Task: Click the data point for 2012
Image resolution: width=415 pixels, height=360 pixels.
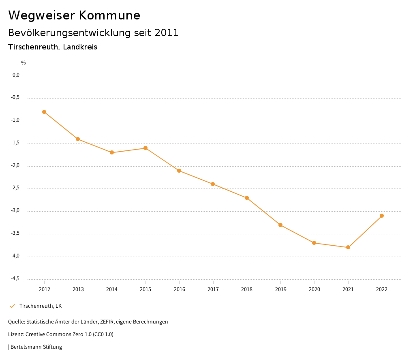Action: pos(44,112)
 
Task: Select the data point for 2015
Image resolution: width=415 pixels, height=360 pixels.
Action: pos(145,148)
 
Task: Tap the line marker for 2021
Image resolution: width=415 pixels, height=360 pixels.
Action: pos(348,247)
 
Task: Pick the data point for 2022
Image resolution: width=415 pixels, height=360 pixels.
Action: pos(382,216)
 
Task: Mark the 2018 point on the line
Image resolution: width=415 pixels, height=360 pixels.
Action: pos(247,198)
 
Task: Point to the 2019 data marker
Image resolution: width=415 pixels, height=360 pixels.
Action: pos(280,225)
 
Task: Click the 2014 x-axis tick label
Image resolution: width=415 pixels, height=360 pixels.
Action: pos(112,289)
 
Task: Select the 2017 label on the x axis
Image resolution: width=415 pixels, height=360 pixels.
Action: pos(213,289)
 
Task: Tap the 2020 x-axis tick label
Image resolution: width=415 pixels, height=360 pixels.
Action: pos(314,289)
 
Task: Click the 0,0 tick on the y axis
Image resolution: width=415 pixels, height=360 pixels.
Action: pos(16,75)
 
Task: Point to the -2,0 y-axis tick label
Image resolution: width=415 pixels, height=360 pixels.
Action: pos(15,166)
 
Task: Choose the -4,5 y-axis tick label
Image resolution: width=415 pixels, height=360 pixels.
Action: pos(15,279)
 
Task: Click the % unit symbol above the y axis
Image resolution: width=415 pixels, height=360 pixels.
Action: pos(24,63)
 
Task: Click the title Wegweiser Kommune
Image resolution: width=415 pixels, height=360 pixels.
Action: pos(74,15)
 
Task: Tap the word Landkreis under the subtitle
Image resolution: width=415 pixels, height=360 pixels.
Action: pos(80,47)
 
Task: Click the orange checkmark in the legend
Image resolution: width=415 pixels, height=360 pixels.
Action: pos(12,306)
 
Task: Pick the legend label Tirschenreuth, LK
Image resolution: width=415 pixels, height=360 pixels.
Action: pos(41,306)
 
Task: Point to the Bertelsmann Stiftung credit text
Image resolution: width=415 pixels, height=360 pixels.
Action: pos(36,347)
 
